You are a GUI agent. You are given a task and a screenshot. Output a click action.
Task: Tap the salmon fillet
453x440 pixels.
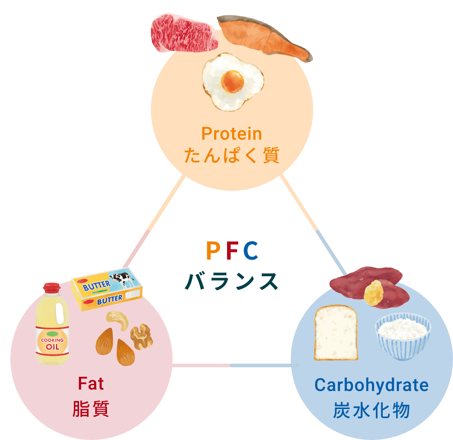pyautogui.click(x=263, y=38)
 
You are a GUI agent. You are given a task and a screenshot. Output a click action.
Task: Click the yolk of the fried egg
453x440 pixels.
pyautogui.click(x=232, y=81)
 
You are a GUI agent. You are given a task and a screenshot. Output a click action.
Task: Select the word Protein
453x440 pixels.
pyautogui.click(x=232, y=134)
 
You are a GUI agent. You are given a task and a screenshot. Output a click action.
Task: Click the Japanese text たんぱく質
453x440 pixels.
pyautogui.click(x=232, y=156)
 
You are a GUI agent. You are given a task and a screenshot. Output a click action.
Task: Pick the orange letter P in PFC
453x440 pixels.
pyautogui.click(x=213, y=251)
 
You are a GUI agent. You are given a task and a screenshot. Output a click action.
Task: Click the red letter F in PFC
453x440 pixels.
pyautogui.click(x=232, y=251)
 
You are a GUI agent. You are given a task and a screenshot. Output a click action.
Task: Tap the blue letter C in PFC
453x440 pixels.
pyautogui.click(x=251, y=251)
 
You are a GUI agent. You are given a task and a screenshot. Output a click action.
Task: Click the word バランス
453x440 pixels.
pyautogui.click(x=232, y=281)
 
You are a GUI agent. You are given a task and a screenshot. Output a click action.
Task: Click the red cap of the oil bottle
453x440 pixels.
pyautogui.click(x=52, y=287)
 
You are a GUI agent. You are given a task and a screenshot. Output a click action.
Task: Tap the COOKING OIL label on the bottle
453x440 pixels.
pyautogui.click(x=52, y=344)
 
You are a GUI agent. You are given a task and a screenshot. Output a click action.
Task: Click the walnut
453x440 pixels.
pyautogui.click(x=141, y=336)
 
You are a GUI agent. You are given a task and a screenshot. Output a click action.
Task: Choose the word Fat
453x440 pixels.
pyautogui.click(x=91, y=384)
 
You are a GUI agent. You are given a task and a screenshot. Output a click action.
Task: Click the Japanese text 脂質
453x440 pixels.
pyautogui.click(x=91, y=409)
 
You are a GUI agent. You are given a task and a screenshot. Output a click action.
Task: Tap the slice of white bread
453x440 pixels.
pyautogui.click(x=336, y=333)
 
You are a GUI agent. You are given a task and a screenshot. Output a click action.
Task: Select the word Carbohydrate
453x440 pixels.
pyautogui.click(x=372, y=385)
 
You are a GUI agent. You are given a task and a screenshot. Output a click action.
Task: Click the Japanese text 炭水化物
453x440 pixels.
pyautogui.click(x=372, y=410)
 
